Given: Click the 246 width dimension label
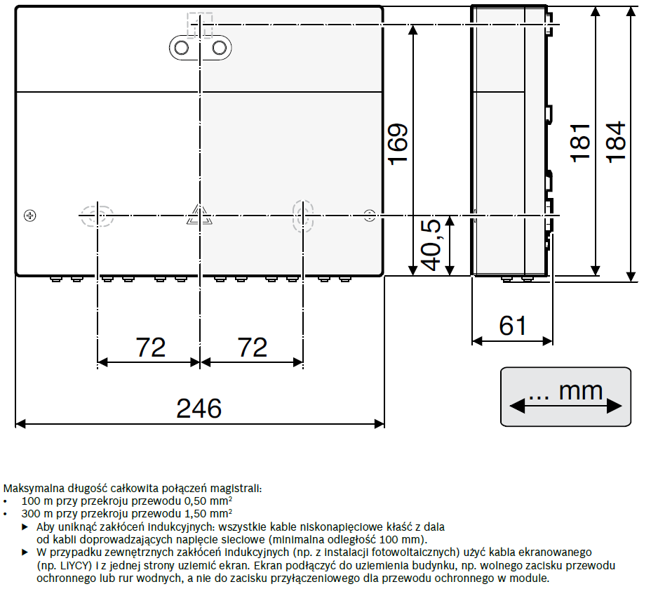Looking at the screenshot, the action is pyautogui.click(x=199, y=409).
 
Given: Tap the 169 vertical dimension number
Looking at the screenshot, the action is pyautogui.click(x=398, y=144).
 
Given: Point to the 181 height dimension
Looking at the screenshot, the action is pyautogui.click(x=580, y=143).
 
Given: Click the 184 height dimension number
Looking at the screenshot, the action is pyautogui.click(x=616, y=142).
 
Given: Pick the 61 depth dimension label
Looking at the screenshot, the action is pyautogui.click(x=513, y=326).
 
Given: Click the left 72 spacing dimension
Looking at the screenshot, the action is pyautogui.click(x=151, y=348).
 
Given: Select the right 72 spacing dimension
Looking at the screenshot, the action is pyautogui.click(x=253, y=348).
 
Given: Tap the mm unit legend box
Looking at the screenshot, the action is pyautogui.click(x=565, y=397).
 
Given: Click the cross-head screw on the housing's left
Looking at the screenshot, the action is pyautogui.click(x=30, y=216).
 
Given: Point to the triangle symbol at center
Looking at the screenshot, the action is pyautogui.click(x=199, y=215).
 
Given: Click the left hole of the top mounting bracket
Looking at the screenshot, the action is pyautogui.click(x=182, y=48).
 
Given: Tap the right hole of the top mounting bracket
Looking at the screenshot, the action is pyautogui.click(x=219, y=48).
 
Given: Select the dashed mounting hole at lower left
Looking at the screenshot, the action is pyautogui.click(x=97, y=216).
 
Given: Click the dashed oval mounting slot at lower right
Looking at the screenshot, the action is pyautogui.click(x=302, y=216).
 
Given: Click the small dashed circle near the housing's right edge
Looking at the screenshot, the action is pyautogui.click(x=370, y=216).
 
